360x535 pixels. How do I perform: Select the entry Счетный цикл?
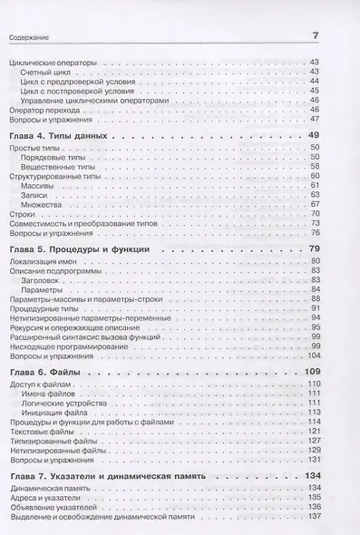click(x=46, y=72)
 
